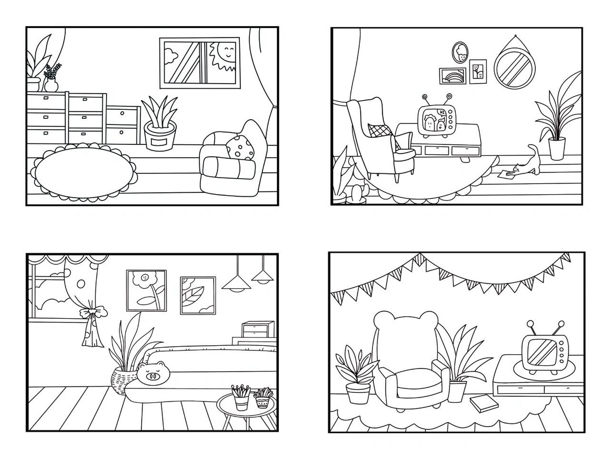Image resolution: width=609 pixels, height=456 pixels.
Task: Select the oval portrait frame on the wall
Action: tap(460, 52)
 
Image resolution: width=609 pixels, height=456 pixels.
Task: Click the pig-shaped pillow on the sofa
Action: tap(153, 373)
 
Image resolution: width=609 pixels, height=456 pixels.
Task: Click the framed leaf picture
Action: tap(198, 296)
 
